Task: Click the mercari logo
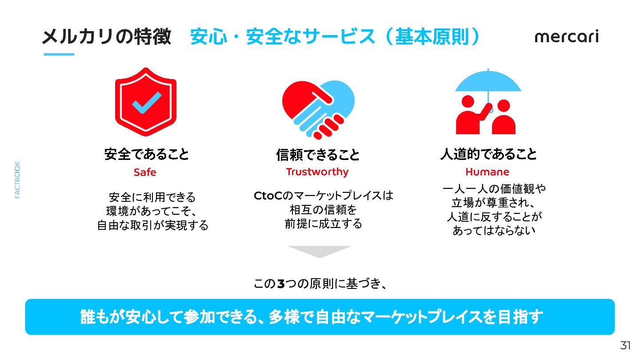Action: (567, 37)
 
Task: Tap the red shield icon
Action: (146, 102)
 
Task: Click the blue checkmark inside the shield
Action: (147, 103)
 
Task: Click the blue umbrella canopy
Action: (488, 81)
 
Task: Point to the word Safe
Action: (145, 172)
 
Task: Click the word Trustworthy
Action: (317, 172)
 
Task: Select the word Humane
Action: (487, 172)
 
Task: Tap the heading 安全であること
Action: (147, 154)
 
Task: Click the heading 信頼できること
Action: (318, 155)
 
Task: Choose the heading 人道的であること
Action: (488, 154)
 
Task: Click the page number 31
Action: (625, 345)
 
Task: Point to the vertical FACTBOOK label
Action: (17, 180)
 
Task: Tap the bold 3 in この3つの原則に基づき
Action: (281, 284)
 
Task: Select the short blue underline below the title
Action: (59, 54)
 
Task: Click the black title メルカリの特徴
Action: (107, 37)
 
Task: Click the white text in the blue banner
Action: (312, 317)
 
